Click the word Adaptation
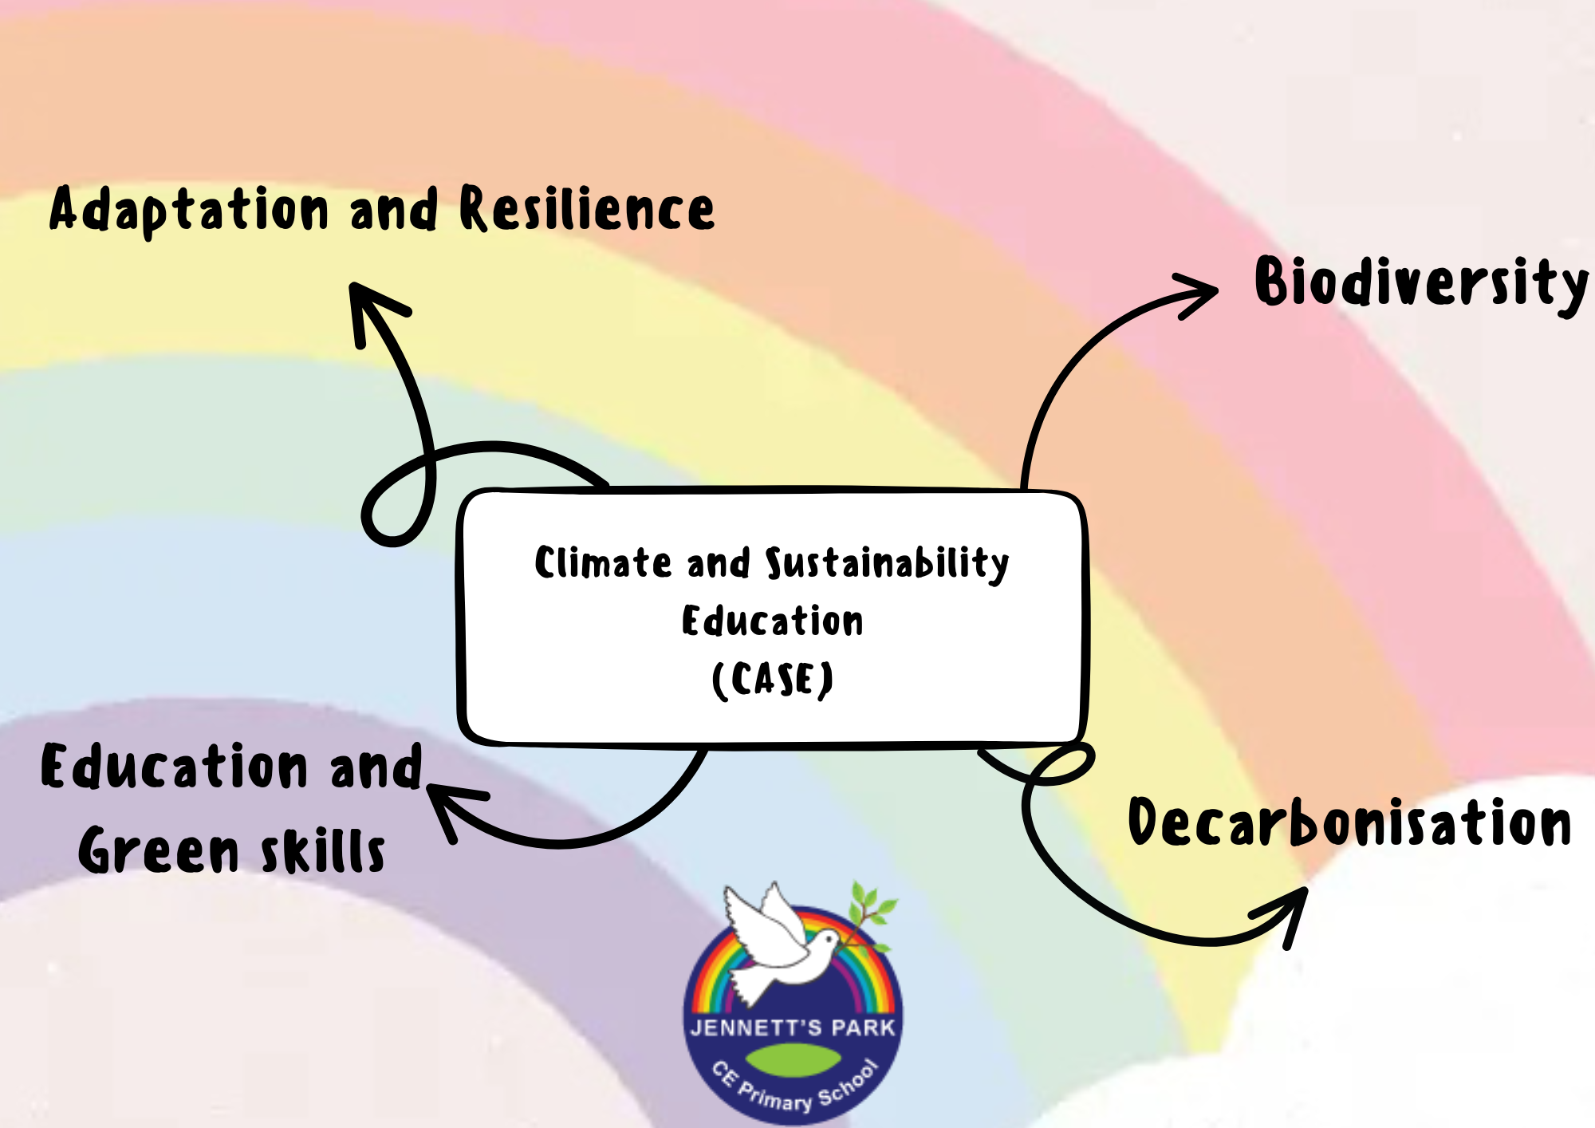tap(189, 210)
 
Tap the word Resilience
tap(587, 208)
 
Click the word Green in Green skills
tap(158, 850)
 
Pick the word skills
tap(324, 850)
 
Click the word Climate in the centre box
tap(603, 562)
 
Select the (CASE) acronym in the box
tap(772, 680)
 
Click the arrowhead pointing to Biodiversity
tap(1196, 295)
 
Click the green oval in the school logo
tap(794, 1059)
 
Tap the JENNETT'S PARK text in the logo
tap(793, 1027)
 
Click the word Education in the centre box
tap(772, 621)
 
